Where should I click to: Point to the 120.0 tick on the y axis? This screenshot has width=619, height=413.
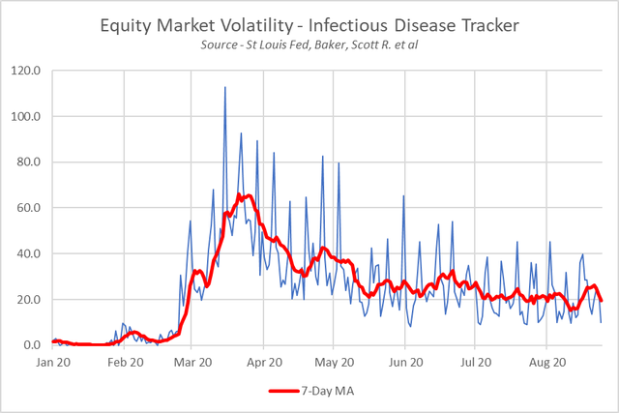click(x=27, y=71)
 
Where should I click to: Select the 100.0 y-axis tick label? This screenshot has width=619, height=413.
click(x=27, y=117)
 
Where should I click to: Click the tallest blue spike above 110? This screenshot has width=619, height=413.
click(x=225, y=88)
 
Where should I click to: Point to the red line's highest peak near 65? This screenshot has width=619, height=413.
click(x=249, y=195)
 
